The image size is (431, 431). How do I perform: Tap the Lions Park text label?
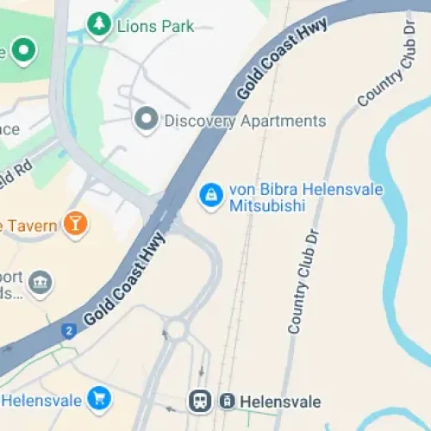pyautogui.click(x=154, y=26)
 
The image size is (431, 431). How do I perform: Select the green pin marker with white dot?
pyautogui.click(x=22, y=51)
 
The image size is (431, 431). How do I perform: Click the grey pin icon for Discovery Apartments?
pyautogui.click(x=147, y=119)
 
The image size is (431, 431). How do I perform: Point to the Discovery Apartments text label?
pyautogui.click(x=245, y=121)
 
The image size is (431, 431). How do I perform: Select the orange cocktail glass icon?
pyautogui.click(x=76, y=226)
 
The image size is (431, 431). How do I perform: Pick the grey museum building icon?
pyautogui.click(x=41, y=282)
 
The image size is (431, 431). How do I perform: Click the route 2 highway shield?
pyautogui.click(x=69, y=329)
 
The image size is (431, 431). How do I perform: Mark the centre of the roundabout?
pyautogui.click(x=178, y=328)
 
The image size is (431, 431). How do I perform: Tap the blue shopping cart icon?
pyautogui.click(x=101, y=400)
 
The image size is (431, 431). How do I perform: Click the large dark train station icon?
pyautogui.click(x=201, y=401)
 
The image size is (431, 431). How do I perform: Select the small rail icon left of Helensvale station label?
pyautogui.click(x=227, y=401)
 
